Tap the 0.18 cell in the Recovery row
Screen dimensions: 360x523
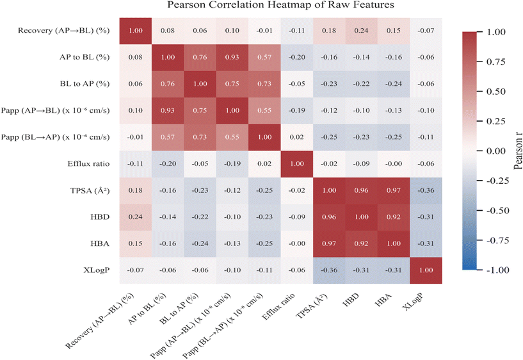[x=329, y=29]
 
